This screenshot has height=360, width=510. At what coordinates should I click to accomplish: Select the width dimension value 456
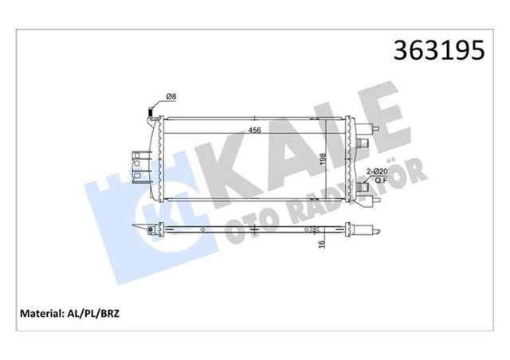coord(254,131)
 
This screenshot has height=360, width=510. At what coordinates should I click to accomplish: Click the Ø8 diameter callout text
coord(171,98)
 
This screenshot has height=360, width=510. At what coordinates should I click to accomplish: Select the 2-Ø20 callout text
coord(377,170)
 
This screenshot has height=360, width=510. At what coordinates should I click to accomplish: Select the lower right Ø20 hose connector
coord(364,191)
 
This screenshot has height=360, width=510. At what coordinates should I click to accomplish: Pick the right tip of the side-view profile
coord(375,231)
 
